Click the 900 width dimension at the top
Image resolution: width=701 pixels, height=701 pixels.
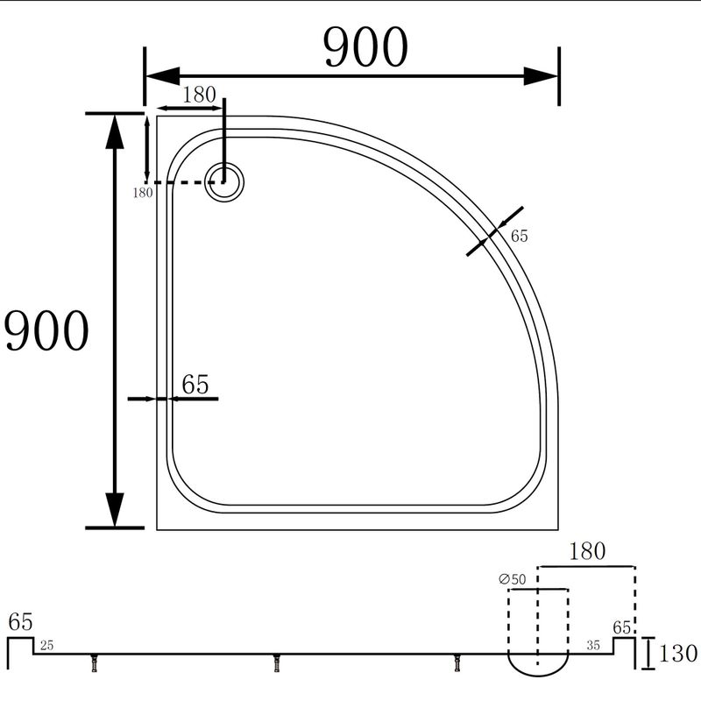[365, 47]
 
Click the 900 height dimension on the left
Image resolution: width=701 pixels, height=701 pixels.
[46, 330]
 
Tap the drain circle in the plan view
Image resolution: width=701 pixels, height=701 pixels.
[224, 182]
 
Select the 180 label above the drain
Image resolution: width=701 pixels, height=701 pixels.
[200, 95]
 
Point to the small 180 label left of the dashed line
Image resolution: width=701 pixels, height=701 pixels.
[143, 193]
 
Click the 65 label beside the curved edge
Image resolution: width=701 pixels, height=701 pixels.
[519, 236]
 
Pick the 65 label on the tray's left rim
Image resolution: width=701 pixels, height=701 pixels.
[195, 384]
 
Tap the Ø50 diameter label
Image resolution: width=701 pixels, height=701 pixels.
[513, 579]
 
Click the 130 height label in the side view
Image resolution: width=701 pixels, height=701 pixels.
[677, 654]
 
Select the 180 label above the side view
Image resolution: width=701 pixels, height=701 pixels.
[587, 551]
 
